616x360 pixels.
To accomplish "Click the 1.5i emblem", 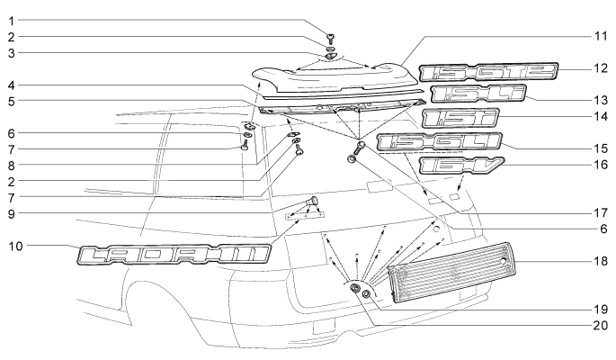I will [x=453, y=119].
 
